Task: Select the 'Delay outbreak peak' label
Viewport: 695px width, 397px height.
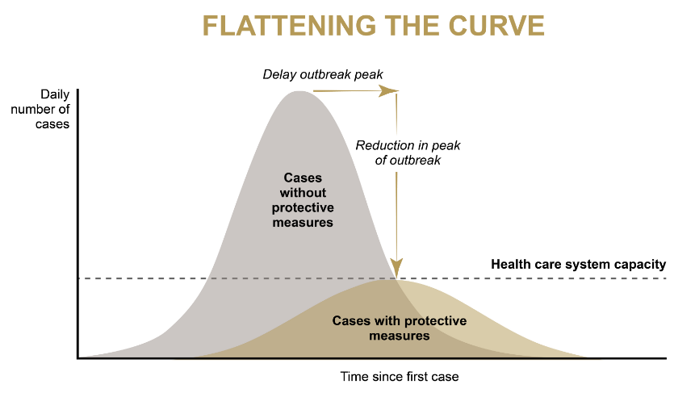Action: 323,74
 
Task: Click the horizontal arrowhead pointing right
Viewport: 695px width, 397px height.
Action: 389,91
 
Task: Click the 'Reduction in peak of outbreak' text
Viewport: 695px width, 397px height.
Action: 408,153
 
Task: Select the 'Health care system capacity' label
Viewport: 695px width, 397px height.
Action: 579,265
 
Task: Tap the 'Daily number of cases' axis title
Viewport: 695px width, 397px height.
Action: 40,109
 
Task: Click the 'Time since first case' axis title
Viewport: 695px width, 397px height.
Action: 400,377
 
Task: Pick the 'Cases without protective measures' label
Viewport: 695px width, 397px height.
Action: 303,200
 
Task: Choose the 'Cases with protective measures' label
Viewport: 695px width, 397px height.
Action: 400,328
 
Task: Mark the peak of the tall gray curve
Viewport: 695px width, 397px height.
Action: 300,92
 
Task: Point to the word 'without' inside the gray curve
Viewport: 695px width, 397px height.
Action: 303,193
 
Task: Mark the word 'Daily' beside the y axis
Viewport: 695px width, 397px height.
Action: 55,95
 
